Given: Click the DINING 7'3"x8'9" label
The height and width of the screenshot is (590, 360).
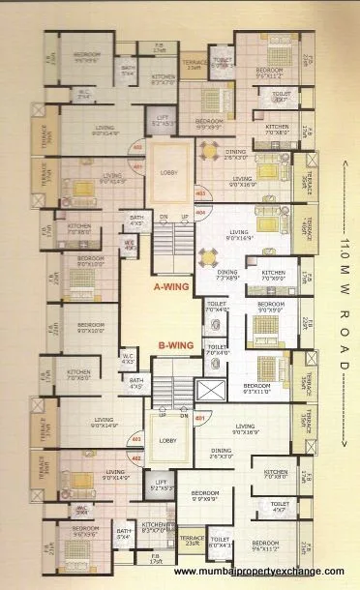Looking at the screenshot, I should coord(227,275).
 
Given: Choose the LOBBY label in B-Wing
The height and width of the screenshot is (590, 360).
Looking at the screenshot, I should coord(167,439).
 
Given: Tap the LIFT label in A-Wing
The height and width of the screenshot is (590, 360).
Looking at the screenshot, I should coord(164,120).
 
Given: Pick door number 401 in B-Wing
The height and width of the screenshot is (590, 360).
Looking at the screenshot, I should coord(199,419).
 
